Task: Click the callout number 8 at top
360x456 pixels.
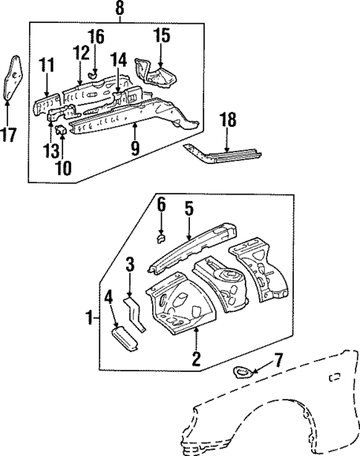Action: pyautogui.click(x=120, y=10)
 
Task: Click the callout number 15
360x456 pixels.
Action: pyautogui.click(x=162, y=36)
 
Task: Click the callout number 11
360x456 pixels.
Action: pyautogui.click(x=48, y=66)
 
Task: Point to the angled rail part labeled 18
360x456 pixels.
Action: pyautogui.click(x=223, y=154)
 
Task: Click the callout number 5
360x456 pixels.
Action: pyautogui.click(x=189, y=210)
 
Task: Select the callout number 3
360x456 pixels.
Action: pyautogui.click(x=129, y=265)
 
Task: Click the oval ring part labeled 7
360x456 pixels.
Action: pyautogui.click(x=242, y=372)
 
